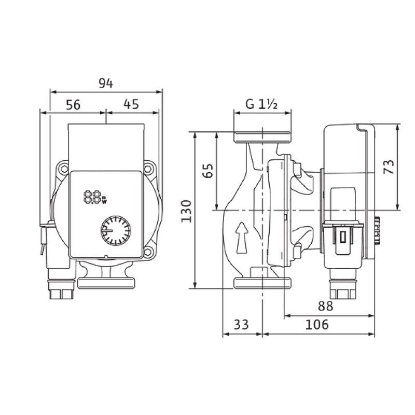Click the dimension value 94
106,84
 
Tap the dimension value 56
73,105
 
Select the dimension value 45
131,104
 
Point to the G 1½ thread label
261,104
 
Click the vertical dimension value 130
186,212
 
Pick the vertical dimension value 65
208,171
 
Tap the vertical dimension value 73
389,167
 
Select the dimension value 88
325,306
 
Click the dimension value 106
317,325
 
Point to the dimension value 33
241,325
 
